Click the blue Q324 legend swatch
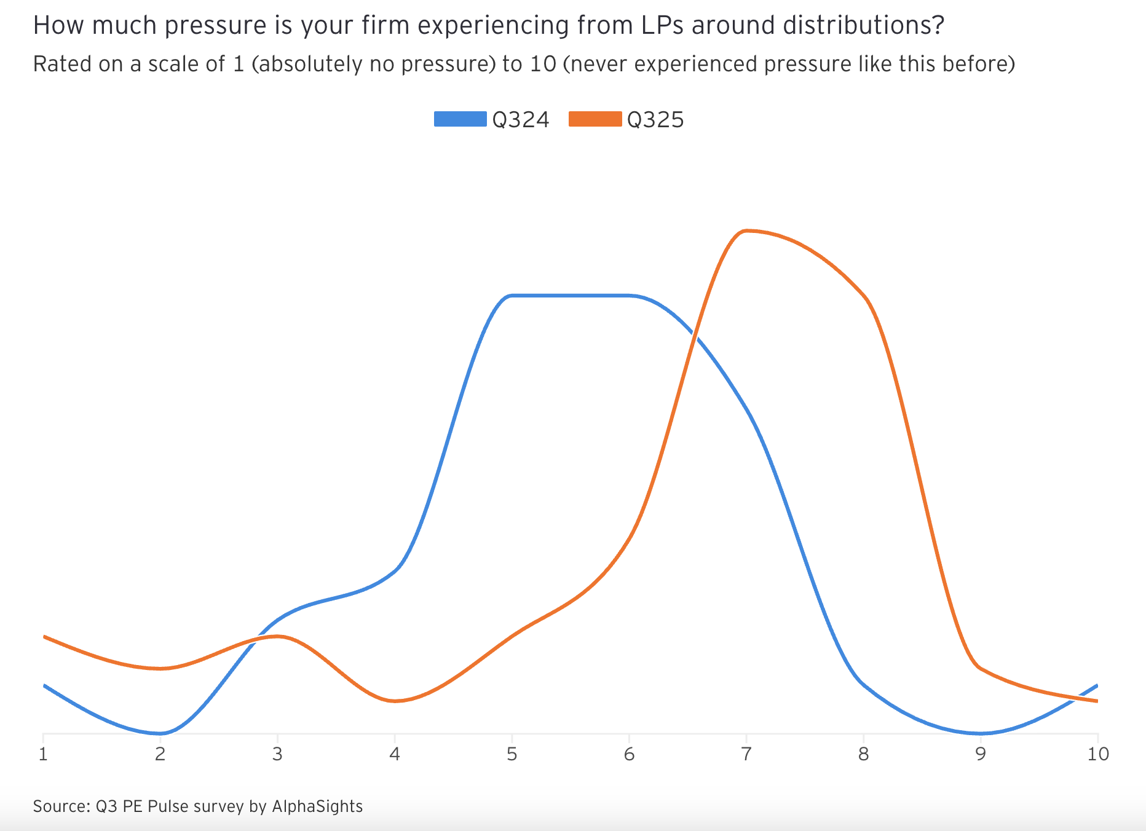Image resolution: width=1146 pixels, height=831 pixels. click(x=460, y=119)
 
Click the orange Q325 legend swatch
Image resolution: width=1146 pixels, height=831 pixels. click(x=595, y=119)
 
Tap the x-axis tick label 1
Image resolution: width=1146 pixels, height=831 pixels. click(x=43, y=754)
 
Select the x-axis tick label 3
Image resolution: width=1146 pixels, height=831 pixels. click(x=277, y=754)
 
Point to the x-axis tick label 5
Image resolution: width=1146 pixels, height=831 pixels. click(x=512, y=754)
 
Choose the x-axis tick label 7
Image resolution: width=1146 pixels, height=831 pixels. click(x=746, y=754)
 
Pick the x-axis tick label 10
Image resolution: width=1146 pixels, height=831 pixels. click(x=1098, y=754)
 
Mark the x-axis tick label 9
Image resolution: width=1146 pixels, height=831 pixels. click(x=981, y=754)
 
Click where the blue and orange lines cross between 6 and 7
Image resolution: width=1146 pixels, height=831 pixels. click(x=694, y=335)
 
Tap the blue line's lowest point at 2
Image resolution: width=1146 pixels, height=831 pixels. click(x=160, y=733)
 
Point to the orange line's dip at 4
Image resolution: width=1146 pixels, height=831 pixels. click(x=395, y=701)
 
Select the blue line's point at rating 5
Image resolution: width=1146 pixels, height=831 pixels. click(x=512, y=296)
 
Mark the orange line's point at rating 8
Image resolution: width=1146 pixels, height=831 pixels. click(x=864, y=296)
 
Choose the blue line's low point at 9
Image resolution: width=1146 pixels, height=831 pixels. click(x=981, y=733)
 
